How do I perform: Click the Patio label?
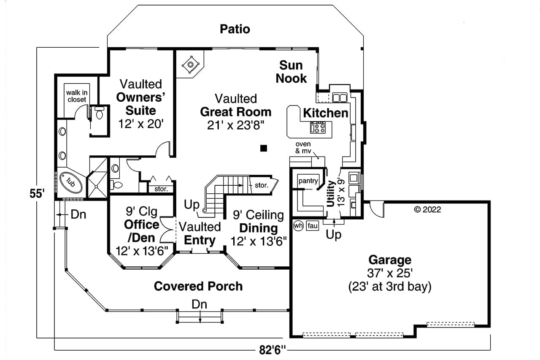click(x=235, y=29)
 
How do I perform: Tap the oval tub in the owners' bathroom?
click(x=70, y=183)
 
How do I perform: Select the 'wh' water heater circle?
click(x=298, y=226)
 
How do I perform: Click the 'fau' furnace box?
click(x=312, y=226)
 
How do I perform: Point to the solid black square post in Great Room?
click(x=264, y=148)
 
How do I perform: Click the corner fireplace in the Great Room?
click(x=190, y=65)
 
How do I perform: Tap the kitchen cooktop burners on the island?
click(x=317, y=127)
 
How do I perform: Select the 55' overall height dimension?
click(x=37, y=194)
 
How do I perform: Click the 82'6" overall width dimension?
click(x=273, y=350)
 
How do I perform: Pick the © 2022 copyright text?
click(x=427, y=209)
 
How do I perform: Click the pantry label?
click(x=308, y=181)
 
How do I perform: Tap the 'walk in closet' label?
click(x=76, y=96)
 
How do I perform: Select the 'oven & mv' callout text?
click(x=303, y=147)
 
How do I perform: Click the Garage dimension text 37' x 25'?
click(x=389, y=273)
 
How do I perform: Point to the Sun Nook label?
click(x=292, y=71)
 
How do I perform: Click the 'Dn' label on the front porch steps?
click(x=200, y=303)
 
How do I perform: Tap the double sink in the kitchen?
click(x=340, y=98)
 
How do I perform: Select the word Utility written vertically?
click(x=330, y=194)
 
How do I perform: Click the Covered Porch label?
click(x=198, y=286)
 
